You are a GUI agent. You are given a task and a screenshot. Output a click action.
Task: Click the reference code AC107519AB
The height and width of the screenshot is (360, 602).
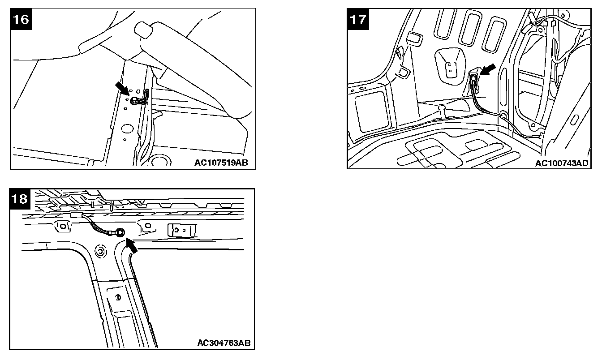coord(221,163)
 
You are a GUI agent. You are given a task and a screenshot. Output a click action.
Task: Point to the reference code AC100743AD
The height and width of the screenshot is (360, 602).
coord(562,163)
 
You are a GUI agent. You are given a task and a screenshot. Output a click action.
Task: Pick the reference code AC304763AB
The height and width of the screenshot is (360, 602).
coord(224,343)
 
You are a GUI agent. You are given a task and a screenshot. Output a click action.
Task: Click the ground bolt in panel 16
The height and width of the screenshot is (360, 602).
coord(134,101)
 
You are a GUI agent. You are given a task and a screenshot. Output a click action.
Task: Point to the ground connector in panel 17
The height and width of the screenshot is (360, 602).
coord(473,79)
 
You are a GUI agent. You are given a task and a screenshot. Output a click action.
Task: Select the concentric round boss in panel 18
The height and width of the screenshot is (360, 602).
coord(100,252)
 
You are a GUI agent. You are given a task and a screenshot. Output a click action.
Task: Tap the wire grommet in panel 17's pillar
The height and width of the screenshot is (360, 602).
coord(504,116)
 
